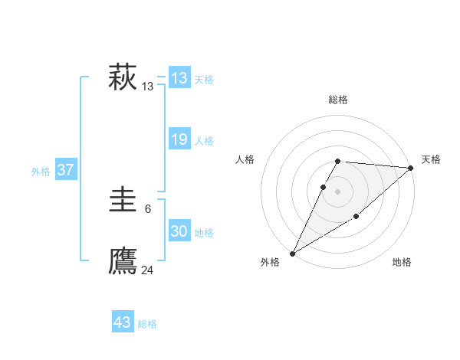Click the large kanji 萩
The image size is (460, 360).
click(x=123, y=77)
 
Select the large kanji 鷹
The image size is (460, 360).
click(x=123, y=261)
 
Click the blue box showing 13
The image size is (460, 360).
click(x=179, y=78)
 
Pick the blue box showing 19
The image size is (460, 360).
click(x=179, y=139)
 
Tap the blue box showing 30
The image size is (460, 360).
click(x=179, y=231)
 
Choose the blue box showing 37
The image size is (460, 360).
click(x=66, y=170)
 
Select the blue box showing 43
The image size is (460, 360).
click(x=123, y=322)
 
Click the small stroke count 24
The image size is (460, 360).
click(x=148, y=270)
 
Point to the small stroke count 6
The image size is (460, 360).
click(x=148, y=208)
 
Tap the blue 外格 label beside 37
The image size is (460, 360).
click(x=41, y=172)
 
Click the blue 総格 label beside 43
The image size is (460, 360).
click(x=147, y=324)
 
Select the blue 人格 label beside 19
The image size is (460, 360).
click(x=204, y=141)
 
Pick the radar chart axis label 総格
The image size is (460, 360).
click(x=338, y=100)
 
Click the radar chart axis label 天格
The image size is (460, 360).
click(x=431, y=159)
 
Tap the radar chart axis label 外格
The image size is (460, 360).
click(x=270, y=262)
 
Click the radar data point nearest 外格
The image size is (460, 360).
click(x=292, y=254)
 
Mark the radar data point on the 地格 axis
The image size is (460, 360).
click(x=356, y=218)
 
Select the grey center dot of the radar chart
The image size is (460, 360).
click(x=338, y=191)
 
